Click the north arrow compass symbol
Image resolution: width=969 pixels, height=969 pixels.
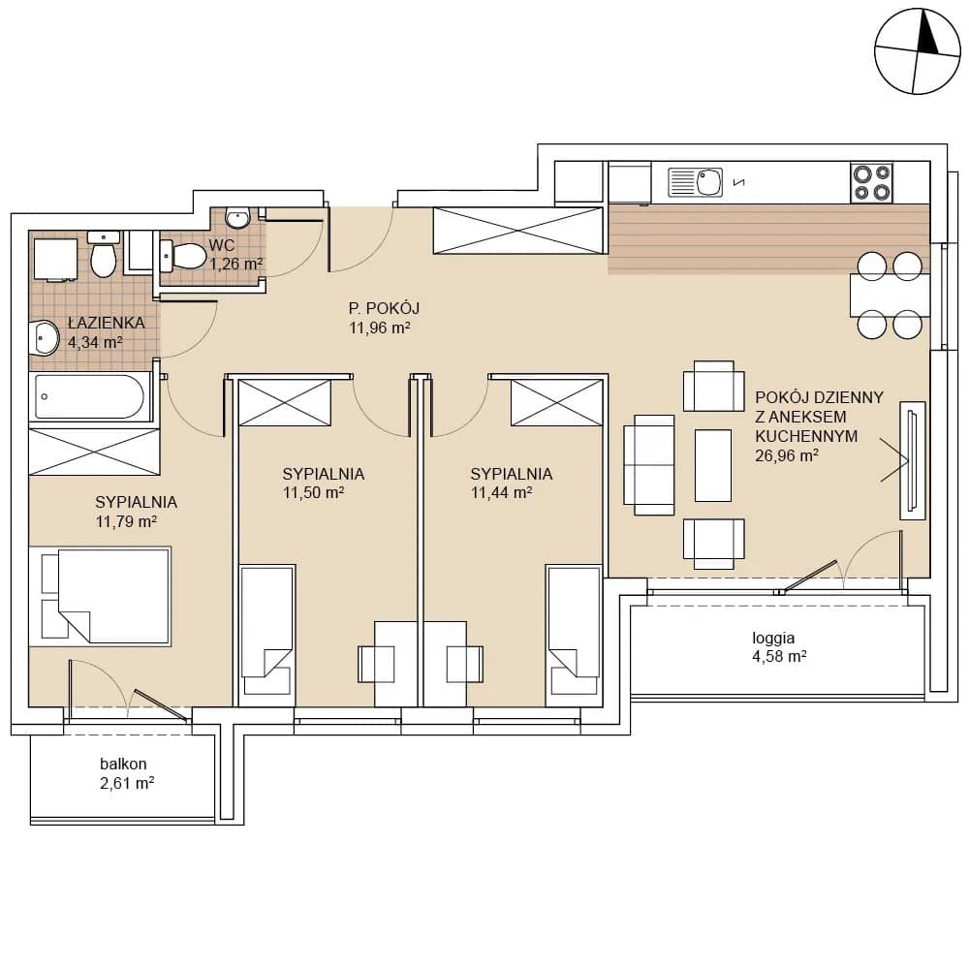(918, 51)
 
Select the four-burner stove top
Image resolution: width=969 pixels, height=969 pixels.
(872, 182)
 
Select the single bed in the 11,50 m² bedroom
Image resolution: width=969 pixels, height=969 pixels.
(267, 636)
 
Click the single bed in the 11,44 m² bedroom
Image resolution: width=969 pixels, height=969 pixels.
(574, 636)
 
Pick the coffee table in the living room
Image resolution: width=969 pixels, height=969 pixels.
(713, 465)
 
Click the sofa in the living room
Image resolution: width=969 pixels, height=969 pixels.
(648, 465)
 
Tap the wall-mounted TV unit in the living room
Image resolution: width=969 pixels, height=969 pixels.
(912, 460)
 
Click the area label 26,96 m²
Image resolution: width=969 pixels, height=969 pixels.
(787, 455)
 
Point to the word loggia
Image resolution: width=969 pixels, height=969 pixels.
(773, 638)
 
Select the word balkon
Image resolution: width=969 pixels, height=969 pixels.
(123, 764)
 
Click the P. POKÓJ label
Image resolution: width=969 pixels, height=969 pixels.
(384, 308)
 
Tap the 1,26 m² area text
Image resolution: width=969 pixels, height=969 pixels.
(236, 264)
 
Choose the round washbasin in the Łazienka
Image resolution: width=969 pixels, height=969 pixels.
(44, 338)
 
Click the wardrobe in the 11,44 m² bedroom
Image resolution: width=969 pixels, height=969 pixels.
(557, 403)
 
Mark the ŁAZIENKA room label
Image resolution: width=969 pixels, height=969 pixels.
(107, 322)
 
